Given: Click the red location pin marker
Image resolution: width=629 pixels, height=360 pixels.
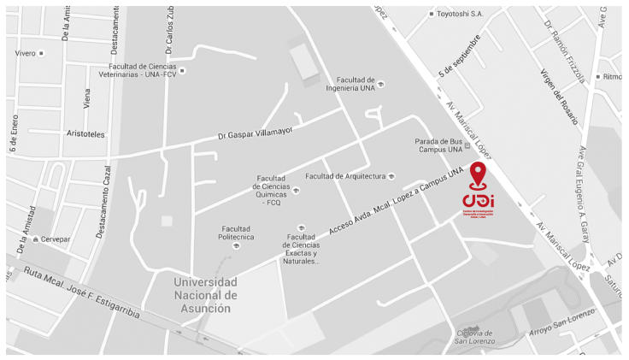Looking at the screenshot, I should [x=477, y=174].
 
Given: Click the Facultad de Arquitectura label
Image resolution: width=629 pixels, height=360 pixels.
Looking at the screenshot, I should [x=345, y=176].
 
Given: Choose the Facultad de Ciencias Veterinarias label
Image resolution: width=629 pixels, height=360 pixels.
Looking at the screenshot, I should [x=142, y=70].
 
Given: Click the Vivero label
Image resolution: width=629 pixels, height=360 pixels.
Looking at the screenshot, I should [x=26, y=53].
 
